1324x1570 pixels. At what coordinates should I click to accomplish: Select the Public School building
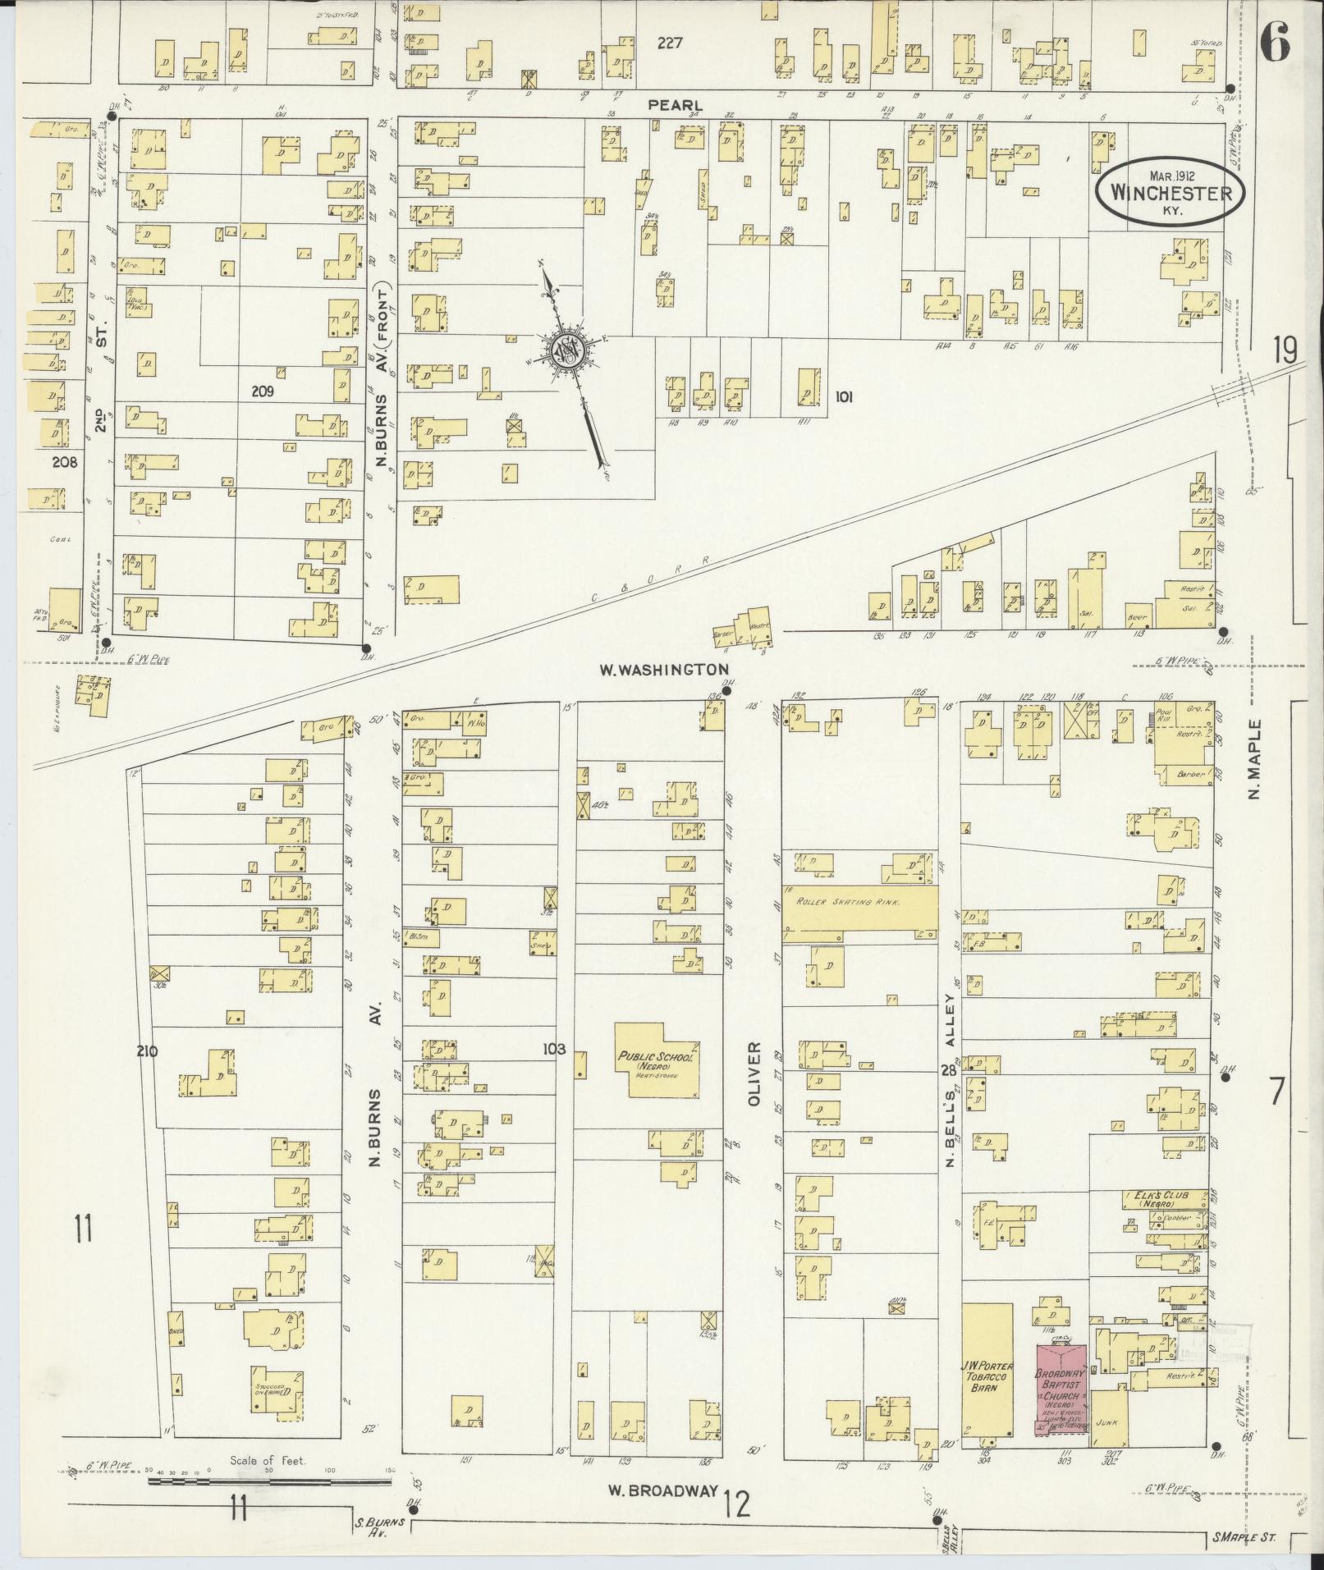click(658, 1060)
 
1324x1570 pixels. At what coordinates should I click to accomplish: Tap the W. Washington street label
click(663, 669)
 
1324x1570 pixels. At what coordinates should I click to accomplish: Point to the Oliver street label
click(754, 1076)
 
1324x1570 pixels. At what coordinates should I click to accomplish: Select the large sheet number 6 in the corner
click(1276, 43)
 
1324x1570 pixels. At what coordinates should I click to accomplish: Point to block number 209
click(263, 392)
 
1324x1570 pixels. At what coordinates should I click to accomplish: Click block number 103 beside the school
click(555, 1049)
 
